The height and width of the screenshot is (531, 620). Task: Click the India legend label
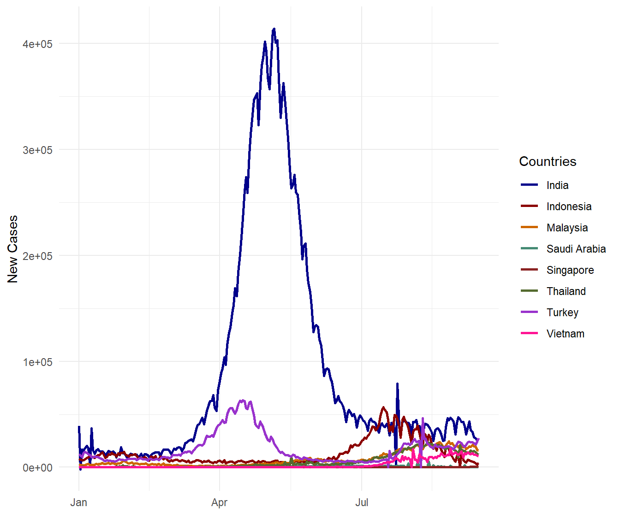(x=557, y=185)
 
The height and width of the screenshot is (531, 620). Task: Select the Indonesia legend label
(x=569, y=206)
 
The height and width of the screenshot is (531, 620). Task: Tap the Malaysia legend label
(x=567, y=228)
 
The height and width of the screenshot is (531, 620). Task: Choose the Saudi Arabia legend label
(x=576, y=249)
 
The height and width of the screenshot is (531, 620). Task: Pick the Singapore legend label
(x=570, y=270)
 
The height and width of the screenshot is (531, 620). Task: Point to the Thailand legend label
(x=566, y=291)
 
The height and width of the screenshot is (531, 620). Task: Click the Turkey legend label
(x=562, y=313)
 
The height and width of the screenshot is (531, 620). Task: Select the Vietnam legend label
(x=565, y=334)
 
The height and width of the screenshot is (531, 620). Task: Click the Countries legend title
(x=548, y=161)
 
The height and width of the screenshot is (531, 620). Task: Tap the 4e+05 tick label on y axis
(x=38, y=44)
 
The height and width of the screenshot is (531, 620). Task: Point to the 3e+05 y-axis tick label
(x=38, y=150)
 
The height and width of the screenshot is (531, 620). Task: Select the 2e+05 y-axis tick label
(x=38, y=256)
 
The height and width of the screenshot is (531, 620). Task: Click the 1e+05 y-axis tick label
(x=38, y=362)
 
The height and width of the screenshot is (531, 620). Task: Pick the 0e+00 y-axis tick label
(x=38, y=468)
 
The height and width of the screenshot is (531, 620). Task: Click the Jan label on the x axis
(x=79, y=502)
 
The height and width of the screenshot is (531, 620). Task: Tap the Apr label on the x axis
(x=220, y=502)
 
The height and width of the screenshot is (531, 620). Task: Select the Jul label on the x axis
(x=362, y=502)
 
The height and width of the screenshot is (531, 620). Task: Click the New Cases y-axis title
(x=12, y=249)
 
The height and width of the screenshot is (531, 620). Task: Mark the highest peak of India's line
(x=274, y=29)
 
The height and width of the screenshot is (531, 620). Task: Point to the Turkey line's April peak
(x=243, y=401)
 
